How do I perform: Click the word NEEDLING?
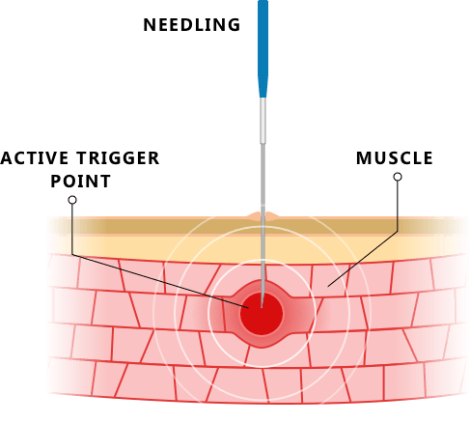[x=192, y=25]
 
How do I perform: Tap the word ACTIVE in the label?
[x=35, y=158]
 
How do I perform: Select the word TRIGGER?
[x=119, y=158]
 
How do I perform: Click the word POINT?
[x=81, y=182]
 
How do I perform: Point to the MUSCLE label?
[x=395, y=158]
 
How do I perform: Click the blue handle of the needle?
[x=263, y=48]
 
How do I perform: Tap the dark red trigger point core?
[x=262, y=314]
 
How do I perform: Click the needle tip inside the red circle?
[x=262, y=307]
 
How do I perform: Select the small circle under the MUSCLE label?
[x=398, y=177]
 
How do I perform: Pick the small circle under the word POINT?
[x=72, y=200]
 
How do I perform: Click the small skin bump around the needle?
[x=263, y=216]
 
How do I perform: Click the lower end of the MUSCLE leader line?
[x=328, y=287]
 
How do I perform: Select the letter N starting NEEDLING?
[x=149, y=25]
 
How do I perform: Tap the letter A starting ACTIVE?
[x=6, y=158]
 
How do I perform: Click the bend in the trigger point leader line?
[x=72, y=254]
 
